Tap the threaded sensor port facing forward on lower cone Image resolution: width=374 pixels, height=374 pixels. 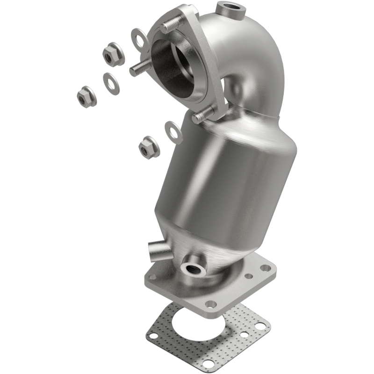[193, 268]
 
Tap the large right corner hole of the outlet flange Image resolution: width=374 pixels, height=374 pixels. [266, 268]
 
